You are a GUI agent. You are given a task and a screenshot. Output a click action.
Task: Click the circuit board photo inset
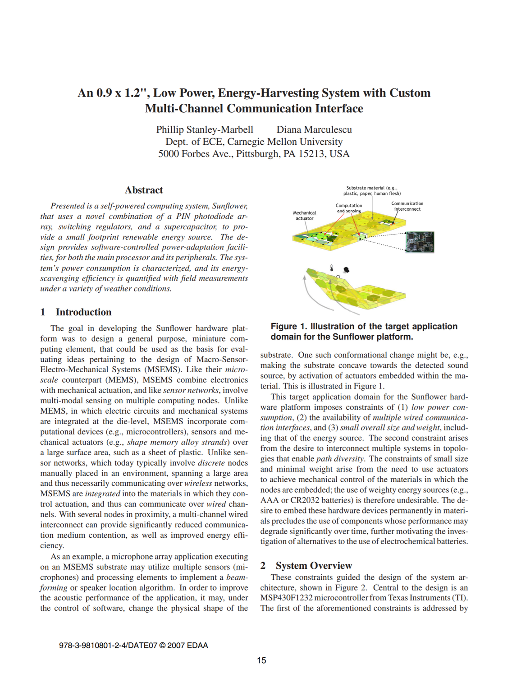(x=420, y=242)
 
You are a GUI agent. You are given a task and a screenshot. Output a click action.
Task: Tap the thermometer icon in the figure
(x=332, y=268)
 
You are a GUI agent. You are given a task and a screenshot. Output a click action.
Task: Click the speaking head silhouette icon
(x=346, y=270)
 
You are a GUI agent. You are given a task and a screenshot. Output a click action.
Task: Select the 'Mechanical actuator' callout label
(x=304, y=216)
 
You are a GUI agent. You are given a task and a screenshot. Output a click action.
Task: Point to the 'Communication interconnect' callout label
(x=407, y=206)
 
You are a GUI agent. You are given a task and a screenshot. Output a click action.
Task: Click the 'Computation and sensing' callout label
(x=349, y=208)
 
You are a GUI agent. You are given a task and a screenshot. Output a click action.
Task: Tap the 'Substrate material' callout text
(x=372, y=190)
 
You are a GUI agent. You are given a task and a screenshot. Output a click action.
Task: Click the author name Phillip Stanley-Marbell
(x=205, y=129)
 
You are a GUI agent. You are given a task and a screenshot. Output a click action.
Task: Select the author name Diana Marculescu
(x=314, y=129)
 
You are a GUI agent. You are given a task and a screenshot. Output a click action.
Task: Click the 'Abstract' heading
(x=144, y=190)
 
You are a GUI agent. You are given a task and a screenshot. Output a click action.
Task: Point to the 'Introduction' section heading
(x=83, y=312)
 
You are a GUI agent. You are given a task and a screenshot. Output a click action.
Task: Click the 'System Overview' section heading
(x=314, y=566)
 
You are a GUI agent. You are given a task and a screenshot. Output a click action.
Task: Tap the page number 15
(x=261, y=660)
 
